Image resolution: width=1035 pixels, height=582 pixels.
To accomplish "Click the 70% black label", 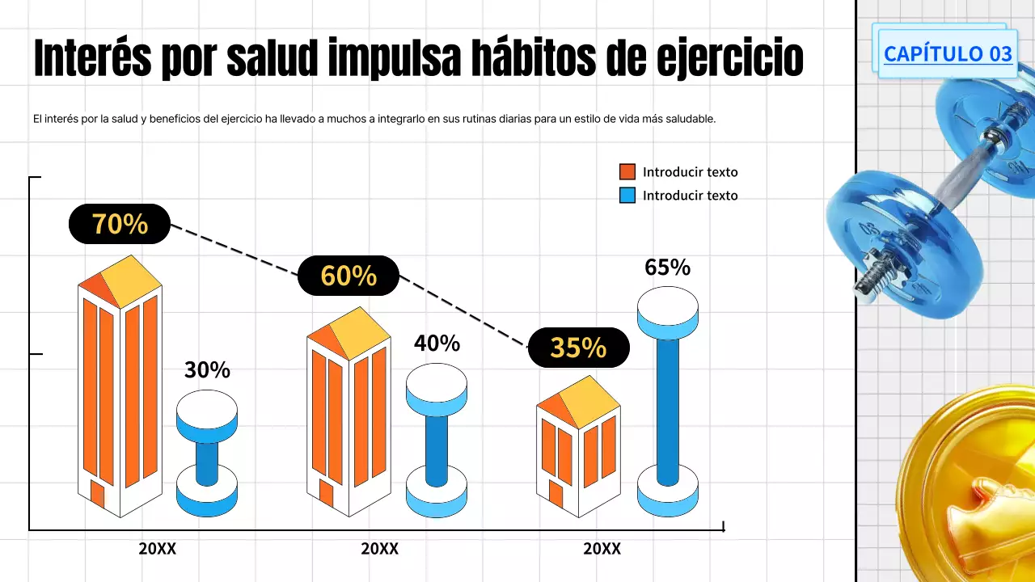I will pyautogui.click(x=120, y=224).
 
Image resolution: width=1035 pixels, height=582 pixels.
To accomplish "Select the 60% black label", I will pyautogui.click(x=349, y=276).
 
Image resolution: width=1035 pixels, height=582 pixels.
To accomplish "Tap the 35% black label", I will pyautogui.click(x=578, y=348).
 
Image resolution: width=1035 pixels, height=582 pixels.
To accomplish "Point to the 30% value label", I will pyautogui.click(x=207, y=370).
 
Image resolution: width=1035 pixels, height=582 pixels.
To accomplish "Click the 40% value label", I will pyautogui.click(x=437, y=344).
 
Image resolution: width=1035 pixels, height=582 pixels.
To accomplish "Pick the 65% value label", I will pyautogui.click(x=667, y=268).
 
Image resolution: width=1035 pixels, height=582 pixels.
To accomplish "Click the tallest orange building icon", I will pyautogui.click(x=120, y=388).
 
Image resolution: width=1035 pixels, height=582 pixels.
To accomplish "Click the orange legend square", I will pyautogui.click(x=627, y=171).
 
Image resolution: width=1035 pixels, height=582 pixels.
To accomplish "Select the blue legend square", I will pyautogui.click(x=627, y=195).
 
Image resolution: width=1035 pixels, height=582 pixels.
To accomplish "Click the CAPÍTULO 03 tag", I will pyautogui.click(x=947, y=53).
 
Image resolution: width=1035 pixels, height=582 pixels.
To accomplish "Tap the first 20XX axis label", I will pyautogui.click(x=157, y=548).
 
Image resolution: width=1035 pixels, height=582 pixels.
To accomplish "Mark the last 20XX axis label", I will pyautogui.click(x=602, y=548).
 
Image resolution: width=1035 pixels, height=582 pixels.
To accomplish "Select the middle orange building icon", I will pyautogui.click(x=349, y=412).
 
